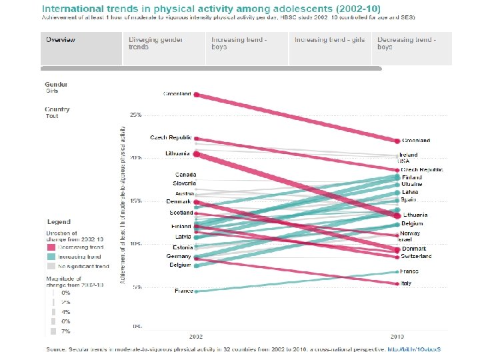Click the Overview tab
(61, 40)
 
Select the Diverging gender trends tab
(147, 43)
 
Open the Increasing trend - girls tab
(330, 40)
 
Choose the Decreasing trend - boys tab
(406, 43)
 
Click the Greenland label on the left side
(177, 94)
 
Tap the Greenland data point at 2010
(397, 141)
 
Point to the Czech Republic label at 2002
(171, 138)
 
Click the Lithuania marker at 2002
(196, 154)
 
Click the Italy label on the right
(406, 283)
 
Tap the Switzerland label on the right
(417, 257)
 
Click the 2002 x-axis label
(196, 337)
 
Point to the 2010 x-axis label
(397, 337)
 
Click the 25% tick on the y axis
(135, 115)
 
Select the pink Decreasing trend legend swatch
(52, 247)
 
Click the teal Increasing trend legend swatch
(52, 257)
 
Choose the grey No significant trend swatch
(52, 266)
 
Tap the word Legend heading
(58, 222)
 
